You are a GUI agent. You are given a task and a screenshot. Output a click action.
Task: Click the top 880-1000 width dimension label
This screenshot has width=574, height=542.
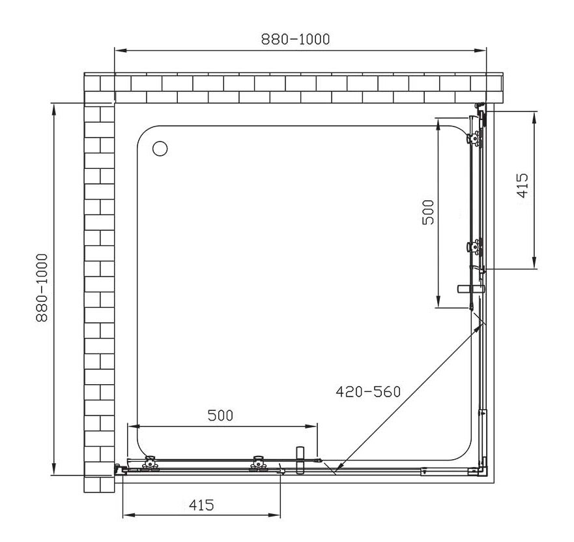tap(295, 39)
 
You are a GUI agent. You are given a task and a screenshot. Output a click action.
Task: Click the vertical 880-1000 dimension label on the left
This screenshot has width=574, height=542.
tap(42, 288)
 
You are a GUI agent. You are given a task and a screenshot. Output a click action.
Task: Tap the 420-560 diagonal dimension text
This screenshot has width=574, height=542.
tap(368, 392)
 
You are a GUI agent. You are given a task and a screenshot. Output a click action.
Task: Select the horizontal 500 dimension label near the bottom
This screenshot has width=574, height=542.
tap(220, 415)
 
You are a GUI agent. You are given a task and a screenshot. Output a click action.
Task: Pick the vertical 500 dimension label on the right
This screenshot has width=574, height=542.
tap(428, 212)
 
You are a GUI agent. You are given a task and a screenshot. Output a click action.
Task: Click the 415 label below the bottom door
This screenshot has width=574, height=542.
tap(201, 505)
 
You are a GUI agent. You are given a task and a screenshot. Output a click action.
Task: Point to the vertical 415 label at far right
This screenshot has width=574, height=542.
tap(523, 185)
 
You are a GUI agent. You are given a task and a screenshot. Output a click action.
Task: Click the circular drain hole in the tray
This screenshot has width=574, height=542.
tap(160, 149)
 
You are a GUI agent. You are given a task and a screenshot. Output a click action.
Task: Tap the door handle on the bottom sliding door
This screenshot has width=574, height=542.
tap(300, 460)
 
